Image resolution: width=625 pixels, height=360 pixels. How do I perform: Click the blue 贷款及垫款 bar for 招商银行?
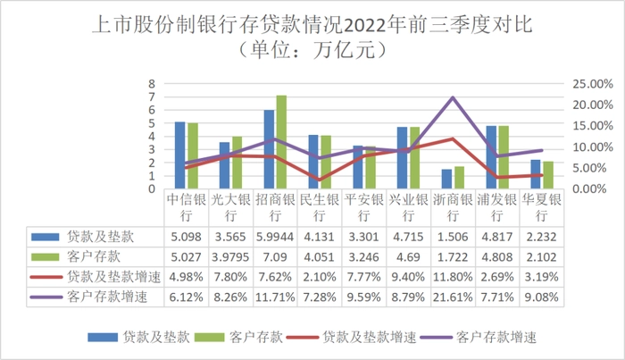point(269,149)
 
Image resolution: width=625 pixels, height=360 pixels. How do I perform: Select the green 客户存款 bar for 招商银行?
point(281,142)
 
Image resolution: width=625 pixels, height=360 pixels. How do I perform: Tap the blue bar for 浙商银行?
point(446,179)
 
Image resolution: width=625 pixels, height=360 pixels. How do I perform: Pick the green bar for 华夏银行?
point(548,175)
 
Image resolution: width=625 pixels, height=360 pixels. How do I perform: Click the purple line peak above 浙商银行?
point(454,97)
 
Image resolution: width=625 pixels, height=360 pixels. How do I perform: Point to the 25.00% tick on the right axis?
point(590,83)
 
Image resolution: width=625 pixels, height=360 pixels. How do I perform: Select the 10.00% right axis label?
point(590,147)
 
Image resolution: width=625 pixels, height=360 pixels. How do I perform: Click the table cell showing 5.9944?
point(275,237)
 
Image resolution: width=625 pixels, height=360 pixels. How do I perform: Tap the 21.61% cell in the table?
point(454,294)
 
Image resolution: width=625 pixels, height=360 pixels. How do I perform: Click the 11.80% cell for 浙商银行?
point(454,275)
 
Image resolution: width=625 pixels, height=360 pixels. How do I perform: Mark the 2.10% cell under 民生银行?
point(320,275)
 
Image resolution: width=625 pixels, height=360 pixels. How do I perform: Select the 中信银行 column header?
point(186,207)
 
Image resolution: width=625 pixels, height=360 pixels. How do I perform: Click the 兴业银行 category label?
point(409,207)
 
